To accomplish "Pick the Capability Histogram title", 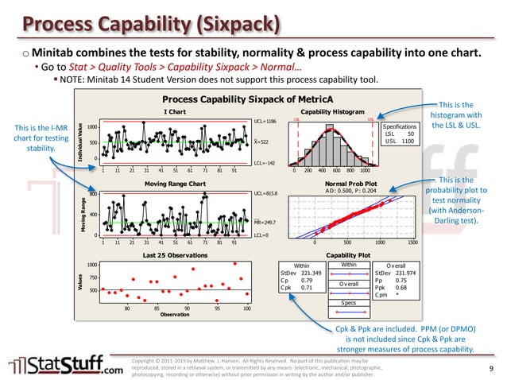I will coord(338,112).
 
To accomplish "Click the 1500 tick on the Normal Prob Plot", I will coord(412,245).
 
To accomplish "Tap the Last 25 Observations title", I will coord(164,255).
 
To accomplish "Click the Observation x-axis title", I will coord(175,314).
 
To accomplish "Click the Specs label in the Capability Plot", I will coord(349,303).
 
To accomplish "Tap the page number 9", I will coord(491,368).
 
